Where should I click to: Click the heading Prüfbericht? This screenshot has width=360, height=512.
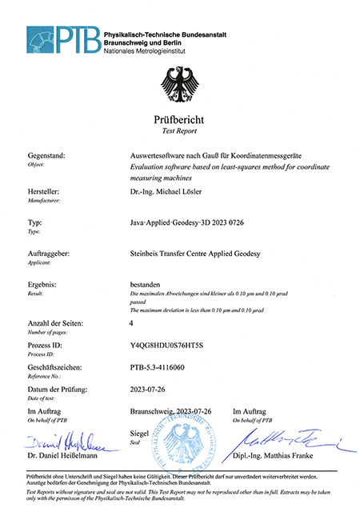coord(179,120)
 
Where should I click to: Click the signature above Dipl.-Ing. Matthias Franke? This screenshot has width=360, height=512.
coord(288,441)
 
